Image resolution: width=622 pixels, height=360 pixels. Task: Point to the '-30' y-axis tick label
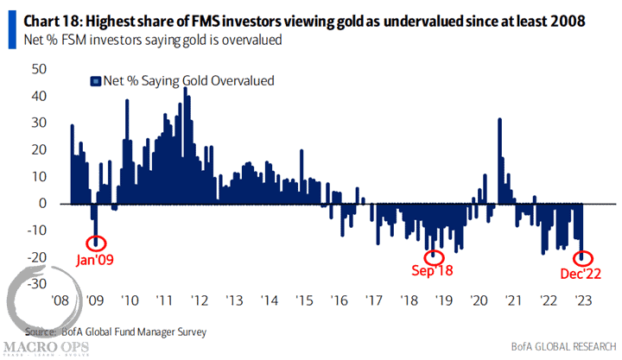pyautogui.click(x=38, y=283)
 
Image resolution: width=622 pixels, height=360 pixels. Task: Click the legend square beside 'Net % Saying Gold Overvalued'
pyautogui.click(x=95, y=81)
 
